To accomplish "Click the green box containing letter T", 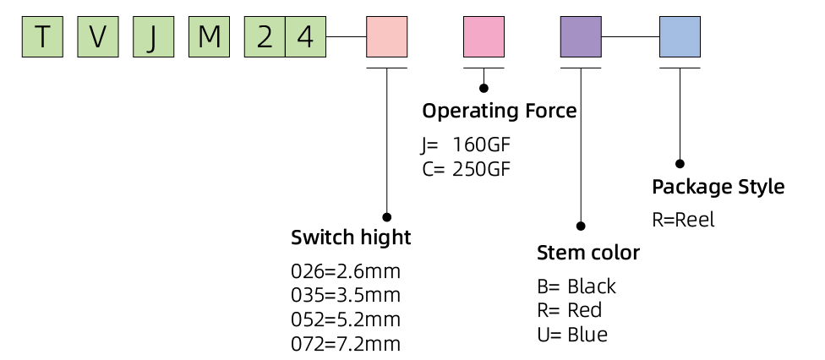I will (x=42, y=37).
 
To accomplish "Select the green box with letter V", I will (x=97, y=37).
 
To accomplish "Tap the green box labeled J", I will (x=152, y=37).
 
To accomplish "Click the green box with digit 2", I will (x=265, y=37).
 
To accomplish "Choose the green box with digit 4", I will (x=305, y=37).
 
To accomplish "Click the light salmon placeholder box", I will (x=387, y=37).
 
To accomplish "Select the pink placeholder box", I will (x=484, y=37).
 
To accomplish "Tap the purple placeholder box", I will (x=582, y=37).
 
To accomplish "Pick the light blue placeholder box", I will (x=680, y=37).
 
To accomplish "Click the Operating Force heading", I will (x=499, y=111).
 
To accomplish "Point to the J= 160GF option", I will (x=466, y=144).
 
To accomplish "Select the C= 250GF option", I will (x=466, y=168).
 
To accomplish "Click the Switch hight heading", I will (x=351, y=237).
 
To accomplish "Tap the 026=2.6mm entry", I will (x=346, y=272).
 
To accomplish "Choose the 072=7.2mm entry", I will (x=346, y=344).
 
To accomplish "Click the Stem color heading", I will (x=588, y=253).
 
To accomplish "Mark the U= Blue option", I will (x=572, y=335).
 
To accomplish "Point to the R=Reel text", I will (x=684, y=220).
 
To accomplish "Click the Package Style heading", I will (x=718, y=187).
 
